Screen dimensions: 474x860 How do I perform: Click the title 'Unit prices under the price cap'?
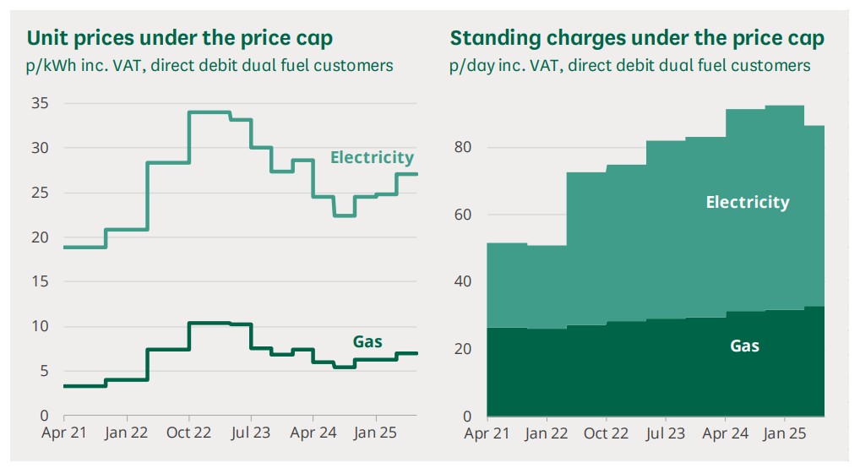click(x=180, y=38)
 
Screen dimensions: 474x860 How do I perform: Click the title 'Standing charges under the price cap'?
click(x=637, y=38)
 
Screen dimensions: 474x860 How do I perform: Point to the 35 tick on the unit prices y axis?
click(x=39, y=104)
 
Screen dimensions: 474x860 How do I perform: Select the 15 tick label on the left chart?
click(x=39, y=282)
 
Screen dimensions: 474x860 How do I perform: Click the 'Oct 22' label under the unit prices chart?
click(x=188, y=433)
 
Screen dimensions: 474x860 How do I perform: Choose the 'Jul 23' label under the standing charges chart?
click(x=666, y=433)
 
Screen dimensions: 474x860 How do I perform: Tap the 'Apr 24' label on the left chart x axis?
click(x=313, y=433)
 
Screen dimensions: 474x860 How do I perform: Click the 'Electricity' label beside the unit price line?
click(x=372, y=158)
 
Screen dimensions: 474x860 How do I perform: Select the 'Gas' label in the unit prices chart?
click(x=367, y=342)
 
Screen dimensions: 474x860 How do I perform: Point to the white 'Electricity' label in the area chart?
click(x=748, y=203)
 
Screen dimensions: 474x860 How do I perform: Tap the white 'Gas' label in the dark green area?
click(x=744, y=346)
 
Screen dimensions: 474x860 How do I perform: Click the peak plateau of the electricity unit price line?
click(x=210, y=112)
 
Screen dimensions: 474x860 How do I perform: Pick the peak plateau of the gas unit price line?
click(x=210, y=323)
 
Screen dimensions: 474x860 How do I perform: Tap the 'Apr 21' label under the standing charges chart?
click(x=487, y=433)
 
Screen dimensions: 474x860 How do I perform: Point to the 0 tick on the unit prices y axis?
click(x=44, y=416)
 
